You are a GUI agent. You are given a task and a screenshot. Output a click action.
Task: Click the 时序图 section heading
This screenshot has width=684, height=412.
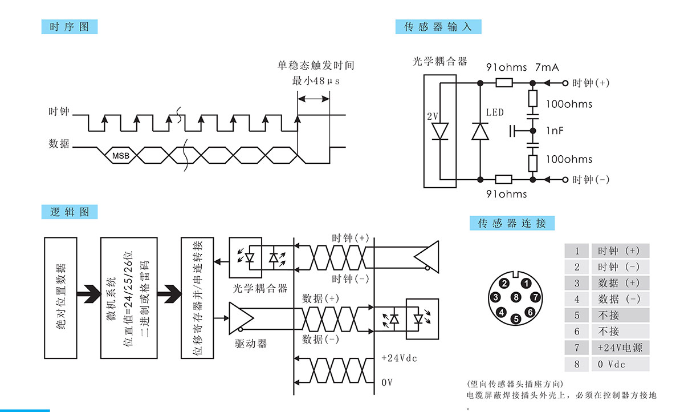pyautogui.click(x=70, y=27)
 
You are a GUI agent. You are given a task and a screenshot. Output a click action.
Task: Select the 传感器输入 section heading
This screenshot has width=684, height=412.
pyautogui.click(x=438, y=27)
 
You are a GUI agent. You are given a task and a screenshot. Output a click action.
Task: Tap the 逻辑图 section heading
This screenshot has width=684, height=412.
pyautogui.click(x=70, y=212)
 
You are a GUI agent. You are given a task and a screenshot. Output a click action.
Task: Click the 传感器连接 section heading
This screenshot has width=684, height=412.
pyautogui.click(x=512, y=223)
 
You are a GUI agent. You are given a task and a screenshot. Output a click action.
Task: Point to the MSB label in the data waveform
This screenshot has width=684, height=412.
pyautogui.click(x=120, y=155)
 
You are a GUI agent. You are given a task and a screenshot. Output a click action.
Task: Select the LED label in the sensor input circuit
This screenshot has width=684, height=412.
pyautogui.click(x=495, y=112)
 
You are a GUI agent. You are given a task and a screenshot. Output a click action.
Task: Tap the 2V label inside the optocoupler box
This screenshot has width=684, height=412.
pyautogui.click(x=433, y=116)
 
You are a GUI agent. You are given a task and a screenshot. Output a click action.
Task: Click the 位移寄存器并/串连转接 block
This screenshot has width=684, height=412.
pyautogui.click(x=197, y=297)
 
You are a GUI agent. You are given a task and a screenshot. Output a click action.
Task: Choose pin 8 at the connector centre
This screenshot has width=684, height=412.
pyautogui.click(x=516, y=297)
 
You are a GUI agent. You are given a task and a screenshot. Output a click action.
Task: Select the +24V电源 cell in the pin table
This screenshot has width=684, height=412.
pyautogui.click(x=620, y=348)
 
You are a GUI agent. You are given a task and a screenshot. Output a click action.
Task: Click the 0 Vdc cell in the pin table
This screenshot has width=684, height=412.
pyautogui.click(x=620, y=364)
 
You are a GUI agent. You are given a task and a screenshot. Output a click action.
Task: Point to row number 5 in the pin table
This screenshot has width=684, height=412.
pyautogui.click(x=577, y=315)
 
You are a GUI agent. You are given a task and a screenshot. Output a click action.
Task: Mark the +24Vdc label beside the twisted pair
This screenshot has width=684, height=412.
pyautogui.click(x=399, y=358)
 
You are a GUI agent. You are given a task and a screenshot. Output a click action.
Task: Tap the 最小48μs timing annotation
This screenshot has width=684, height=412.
pyautogui.click(x=316, y=81)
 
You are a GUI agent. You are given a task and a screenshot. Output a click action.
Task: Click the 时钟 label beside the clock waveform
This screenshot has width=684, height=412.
pyautogui.click(x=59, y=112)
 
